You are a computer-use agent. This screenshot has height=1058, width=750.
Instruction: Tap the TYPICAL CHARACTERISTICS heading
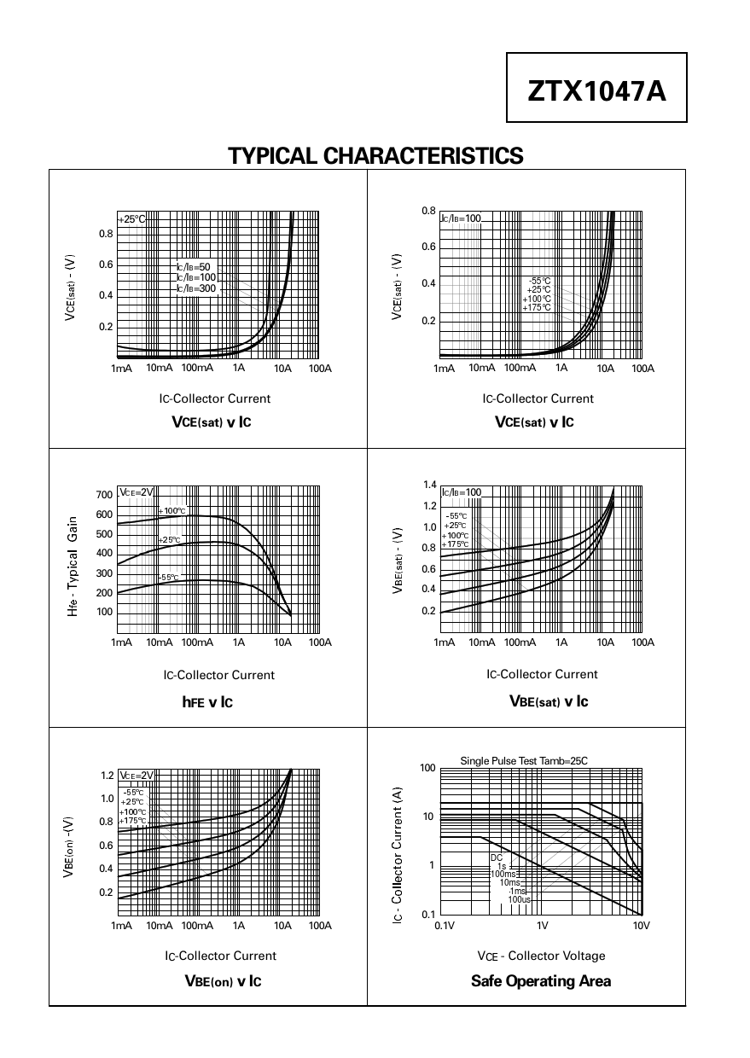(375, 156)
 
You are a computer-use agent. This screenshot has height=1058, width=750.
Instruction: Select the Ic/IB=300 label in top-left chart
(196, 288)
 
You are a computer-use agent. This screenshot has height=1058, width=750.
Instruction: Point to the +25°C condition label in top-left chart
(131, 219)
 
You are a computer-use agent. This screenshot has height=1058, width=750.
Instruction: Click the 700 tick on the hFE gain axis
(104, 495)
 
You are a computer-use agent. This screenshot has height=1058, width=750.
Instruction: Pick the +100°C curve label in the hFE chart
(172, 511)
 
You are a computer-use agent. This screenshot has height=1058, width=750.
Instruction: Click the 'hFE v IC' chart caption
(207, 702)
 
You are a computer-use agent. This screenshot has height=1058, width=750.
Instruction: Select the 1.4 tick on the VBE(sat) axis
(429, 485)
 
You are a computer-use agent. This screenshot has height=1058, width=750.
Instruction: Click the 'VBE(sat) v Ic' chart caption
(548, 701)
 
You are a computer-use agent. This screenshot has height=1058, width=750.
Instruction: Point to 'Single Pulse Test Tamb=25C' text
(524, 760)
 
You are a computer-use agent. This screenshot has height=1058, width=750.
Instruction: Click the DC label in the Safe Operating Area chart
(496, 857)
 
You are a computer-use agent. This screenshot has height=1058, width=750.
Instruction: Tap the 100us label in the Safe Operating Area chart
(519, 899)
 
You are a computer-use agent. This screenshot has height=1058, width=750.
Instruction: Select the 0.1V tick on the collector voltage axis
(445, 925)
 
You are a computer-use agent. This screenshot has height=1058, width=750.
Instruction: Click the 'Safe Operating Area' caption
(541, 981)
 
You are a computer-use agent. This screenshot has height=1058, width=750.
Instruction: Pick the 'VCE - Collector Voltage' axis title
(541, 956)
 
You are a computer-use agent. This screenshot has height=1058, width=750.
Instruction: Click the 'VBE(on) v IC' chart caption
(223, 981)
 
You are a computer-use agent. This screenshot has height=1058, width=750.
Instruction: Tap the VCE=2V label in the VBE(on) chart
(137, 776)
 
